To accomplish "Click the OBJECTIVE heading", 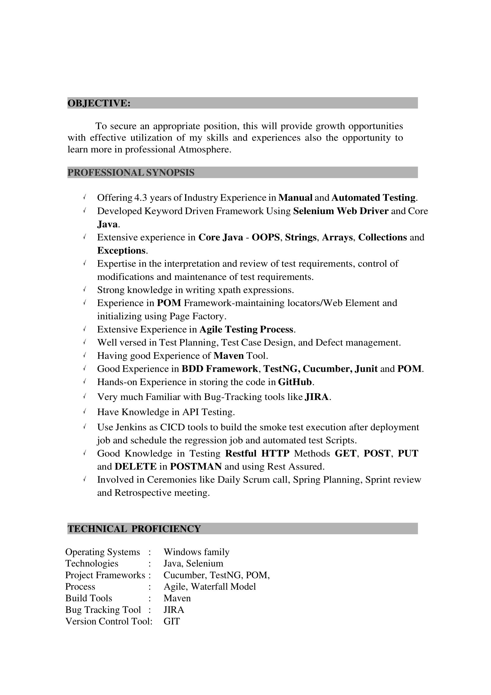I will point(99,103).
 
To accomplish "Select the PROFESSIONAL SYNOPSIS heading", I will point(131,173).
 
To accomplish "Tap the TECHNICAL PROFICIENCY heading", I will point(134,529).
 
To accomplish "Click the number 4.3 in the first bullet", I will point(140,198).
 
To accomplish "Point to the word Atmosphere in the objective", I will point(204,149).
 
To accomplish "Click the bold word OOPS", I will point(266,237).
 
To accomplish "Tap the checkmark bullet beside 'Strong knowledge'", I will point(85,289).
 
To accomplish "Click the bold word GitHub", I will point(295,382).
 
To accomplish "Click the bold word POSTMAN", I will point(196,467).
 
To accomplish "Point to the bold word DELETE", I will point(136,467).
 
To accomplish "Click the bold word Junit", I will point(366,369).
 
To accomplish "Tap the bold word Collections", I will point(382,237).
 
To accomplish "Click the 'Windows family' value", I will point(196,552).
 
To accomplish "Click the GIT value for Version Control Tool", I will point(171,621).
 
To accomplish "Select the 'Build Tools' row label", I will point(89,598).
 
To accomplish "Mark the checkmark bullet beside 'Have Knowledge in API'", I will point(85,412).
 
